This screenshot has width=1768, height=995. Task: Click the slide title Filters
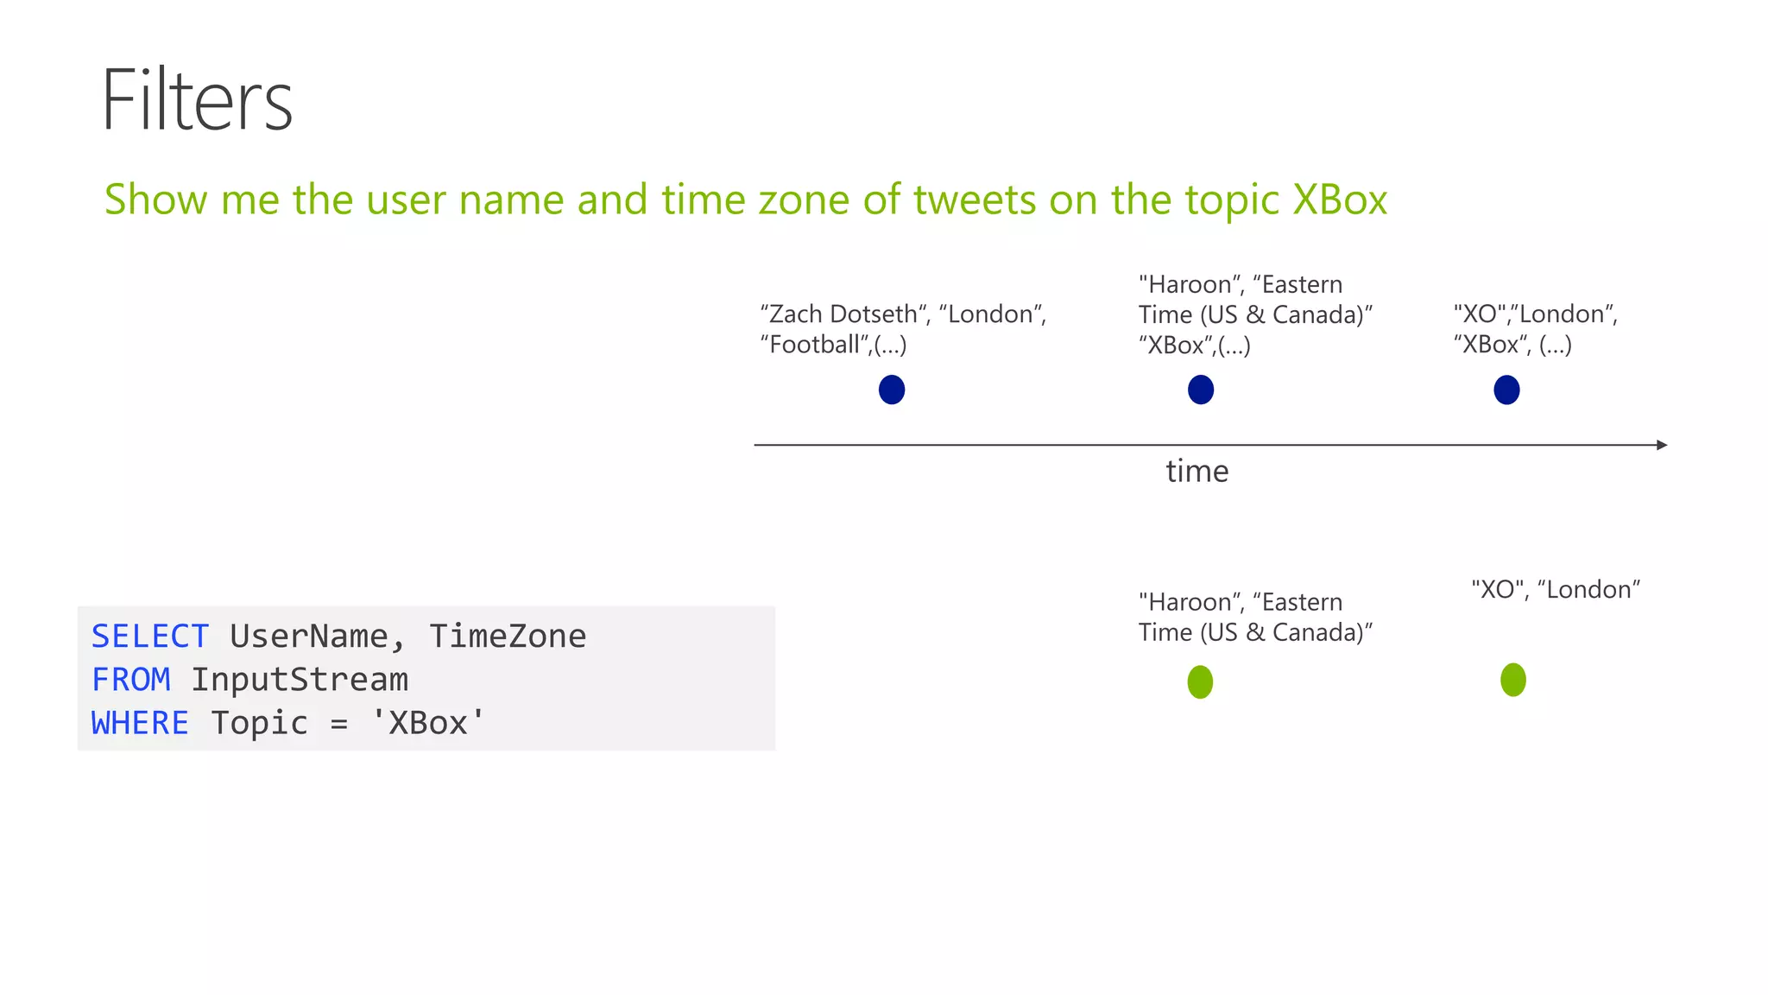click(x=197, y=100)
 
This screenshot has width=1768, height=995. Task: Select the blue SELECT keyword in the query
click(x=150, y=637)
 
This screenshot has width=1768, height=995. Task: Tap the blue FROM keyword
click(x=131, y=680)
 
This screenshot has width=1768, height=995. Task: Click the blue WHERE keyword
click(x=140, y=723)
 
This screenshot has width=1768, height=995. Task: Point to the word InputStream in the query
click(x=300, y=680)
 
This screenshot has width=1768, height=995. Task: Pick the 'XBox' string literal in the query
click(x=428, y=723)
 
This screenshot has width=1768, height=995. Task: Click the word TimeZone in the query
click(x=508, y=637)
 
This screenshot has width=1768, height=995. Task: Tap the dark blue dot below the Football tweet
click(x=892, y=390)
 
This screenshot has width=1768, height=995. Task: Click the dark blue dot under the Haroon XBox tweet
click(x=1201, y=390)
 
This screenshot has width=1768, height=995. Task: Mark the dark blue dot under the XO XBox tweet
click(x=1506, y=390)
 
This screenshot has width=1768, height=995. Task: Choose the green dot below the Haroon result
click(x=1200, y=682)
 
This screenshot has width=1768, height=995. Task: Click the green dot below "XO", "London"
click(x=1513, y=680)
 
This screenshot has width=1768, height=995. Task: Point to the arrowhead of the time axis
click(x=1662, y=445)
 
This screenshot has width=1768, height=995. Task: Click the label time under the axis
click(x=1197, y=472)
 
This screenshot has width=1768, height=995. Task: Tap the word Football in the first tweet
click(x=815, y=345)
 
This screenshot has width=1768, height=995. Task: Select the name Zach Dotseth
click(x=843, y=314)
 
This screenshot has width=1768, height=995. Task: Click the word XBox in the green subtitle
click(x=1340, y=200)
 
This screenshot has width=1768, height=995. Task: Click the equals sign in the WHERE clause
click(x=339, y=724)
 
